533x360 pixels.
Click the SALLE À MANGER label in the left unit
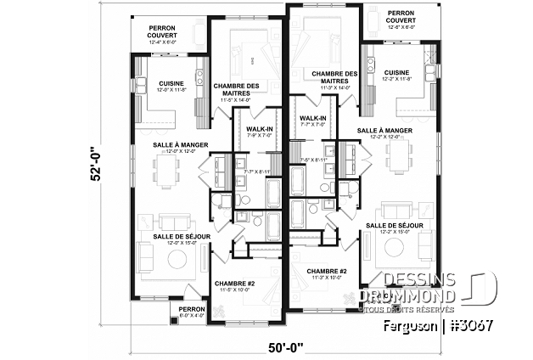176,145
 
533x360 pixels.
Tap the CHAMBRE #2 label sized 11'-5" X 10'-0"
234,284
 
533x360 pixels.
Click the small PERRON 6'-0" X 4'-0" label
191,310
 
